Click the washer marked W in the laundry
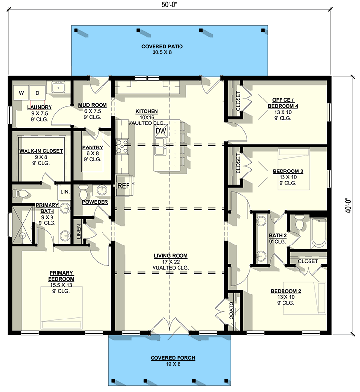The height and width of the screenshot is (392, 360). point(22,92)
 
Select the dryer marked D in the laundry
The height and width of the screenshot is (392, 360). point(37,92)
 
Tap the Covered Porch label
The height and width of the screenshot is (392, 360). point(173,358)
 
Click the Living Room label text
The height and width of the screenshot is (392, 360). point(171,256)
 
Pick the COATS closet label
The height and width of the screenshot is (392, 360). point(232,311)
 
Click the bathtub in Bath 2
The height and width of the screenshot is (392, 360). point(318,232)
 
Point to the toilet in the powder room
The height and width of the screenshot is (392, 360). point(83,190)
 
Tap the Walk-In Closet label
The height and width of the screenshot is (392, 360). point(41,151)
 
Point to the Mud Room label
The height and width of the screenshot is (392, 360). point(92,105)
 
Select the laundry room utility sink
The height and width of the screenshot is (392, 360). point(60,90)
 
